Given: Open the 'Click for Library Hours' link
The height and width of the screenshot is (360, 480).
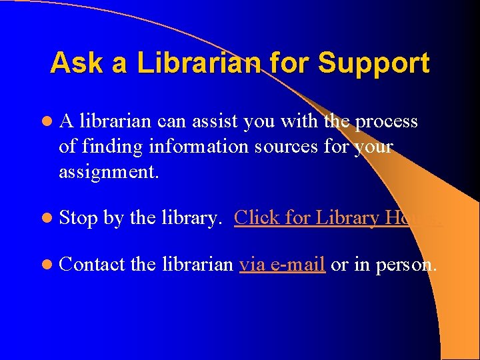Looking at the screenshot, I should (x=338, y=217).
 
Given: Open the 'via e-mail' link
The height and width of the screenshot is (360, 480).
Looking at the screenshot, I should (x=282, y=265).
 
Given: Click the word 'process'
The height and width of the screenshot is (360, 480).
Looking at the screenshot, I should (x=386, y=121).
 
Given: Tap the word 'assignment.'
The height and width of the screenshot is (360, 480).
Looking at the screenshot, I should (x=109, y=171).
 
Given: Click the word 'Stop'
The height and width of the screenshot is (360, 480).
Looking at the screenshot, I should (x=79, y=218).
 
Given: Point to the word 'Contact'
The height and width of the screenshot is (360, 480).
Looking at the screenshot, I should (x=92, y=265).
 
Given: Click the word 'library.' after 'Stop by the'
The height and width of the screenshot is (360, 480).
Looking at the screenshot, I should (x=191, y=218).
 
